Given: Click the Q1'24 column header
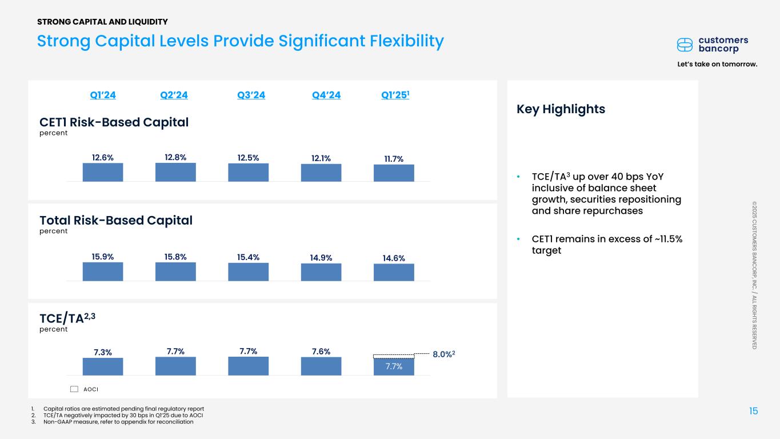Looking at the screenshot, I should (103, 95).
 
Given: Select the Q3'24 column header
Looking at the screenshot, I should (251, 95).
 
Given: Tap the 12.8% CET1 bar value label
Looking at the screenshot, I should (175, 157).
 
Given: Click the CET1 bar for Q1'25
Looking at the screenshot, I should (394, 173).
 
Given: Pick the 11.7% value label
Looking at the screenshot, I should (394, 159).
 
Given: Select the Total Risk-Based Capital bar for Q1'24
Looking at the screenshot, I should (103, 272).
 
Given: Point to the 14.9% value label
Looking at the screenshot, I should (321, 258).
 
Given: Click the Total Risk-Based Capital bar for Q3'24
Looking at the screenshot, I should (248, 272).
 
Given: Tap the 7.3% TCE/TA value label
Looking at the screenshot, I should (103, 352).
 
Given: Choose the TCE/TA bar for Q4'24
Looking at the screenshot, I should (321, 366).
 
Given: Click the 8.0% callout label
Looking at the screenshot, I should (443, 355).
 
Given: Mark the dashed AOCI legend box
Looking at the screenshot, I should (74, 389).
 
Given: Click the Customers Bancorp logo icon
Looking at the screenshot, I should (685, 45).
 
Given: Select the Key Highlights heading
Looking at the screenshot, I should (561, 109).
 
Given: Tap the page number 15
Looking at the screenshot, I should (754, 411).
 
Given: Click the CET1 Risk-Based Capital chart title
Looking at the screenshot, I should (114, 122).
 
